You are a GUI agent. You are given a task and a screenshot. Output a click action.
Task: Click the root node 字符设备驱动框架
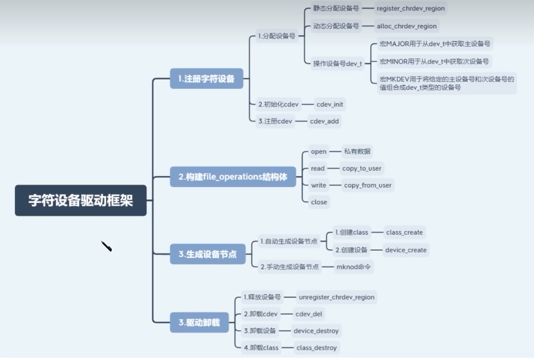(80, 200)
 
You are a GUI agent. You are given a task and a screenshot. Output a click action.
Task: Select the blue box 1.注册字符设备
(207, 78)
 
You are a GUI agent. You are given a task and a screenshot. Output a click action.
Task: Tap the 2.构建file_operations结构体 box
(233, 177)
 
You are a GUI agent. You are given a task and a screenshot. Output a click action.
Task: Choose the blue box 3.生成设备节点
(208, 254)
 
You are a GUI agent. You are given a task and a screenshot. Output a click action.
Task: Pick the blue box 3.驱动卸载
(199, 322)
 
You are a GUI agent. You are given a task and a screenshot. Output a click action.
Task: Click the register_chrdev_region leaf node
(410, 8)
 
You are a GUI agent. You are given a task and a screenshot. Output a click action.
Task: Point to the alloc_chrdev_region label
(406, 26)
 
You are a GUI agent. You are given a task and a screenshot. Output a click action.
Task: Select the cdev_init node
(330, 105)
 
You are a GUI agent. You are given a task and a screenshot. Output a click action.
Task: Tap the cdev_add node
(324, 121)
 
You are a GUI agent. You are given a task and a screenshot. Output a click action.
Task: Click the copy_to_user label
(362, 168)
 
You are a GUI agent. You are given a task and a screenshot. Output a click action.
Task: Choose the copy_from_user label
(368, 185)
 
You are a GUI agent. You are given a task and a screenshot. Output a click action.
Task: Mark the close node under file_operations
(319, 202)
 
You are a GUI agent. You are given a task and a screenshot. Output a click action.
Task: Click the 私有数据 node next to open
(357, 151)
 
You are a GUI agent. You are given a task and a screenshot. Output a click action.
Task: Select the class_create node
(404, 232)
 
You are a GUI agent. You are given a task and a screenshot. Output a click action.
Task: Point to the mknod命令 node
(354, 267)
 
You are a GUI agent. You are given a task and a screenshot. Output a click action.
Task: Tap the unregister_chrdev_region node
(336, 297)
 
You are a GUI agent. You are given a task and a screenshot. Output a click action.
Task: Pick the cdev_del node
(309, 314)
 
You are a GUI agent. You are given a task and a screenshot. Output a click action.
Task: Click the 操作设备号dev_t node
(337, 64)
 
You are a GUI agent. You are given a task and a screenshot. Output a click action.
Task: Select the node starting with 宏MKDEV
(447, 83)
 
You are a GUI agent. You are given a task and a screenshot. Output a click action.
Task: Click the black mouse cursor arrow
(106, 246)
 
